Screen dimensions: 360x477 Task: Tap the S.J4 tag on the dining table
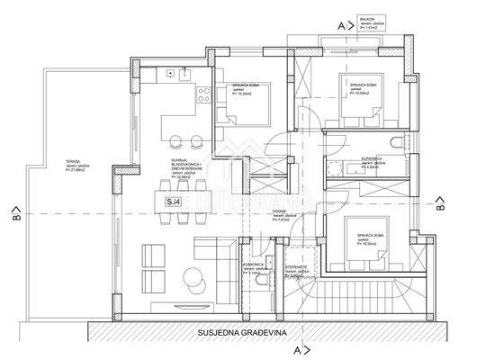pos(173,202)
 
